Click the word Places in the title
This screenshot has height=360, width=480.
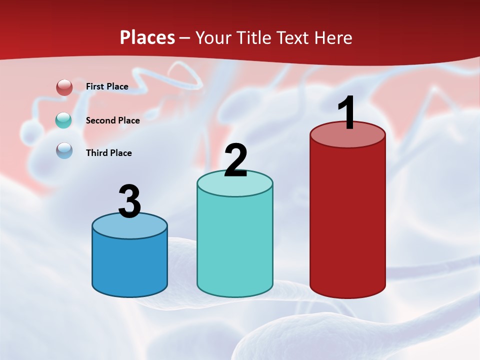click(x=147, y=37)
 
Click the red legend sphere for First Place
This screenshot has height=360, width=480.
click(x=64, y=87)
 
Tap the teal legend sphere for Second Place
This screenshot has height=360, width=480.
click(x=64, y=120)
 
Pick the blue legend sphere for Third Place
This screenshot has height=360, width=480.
click(x=64, y=150)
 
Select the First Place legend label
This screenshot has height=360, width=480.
click(x=107, y=86)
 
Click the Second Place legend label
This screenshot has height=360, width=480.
click(x=112, y=120)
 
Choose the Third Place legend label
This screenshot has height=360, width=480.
click(x=108, y=153)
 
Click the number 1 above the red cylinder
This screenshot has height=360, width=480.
click(x=346, y=112)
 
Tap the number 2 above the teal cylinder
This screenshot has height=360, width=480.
click(x=235, y=160)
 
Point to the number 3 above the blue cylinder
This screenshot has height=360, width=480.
click(x=129, y=201)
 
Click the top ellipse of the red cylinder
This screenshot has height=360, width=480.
click(x=347, y=138)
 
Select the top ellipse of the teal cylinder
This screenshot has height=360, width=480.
click(x=235, y=186)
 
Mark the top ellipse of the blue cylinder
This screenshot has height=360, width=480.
click(x=129, y=228)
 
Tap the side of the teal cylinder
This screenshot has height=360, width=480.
click(x=235, y=245)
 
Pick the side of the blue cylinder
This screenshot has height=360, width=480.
click(x=129, y=265)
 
